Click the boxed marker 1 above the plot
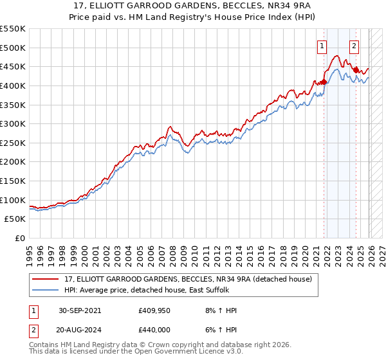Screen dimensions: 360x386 321,45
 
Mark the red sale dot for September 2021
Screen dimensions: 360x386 324,82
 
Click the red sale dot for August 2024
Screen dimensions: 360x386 356,70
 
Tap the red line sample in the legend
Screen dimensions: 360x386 46,279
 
